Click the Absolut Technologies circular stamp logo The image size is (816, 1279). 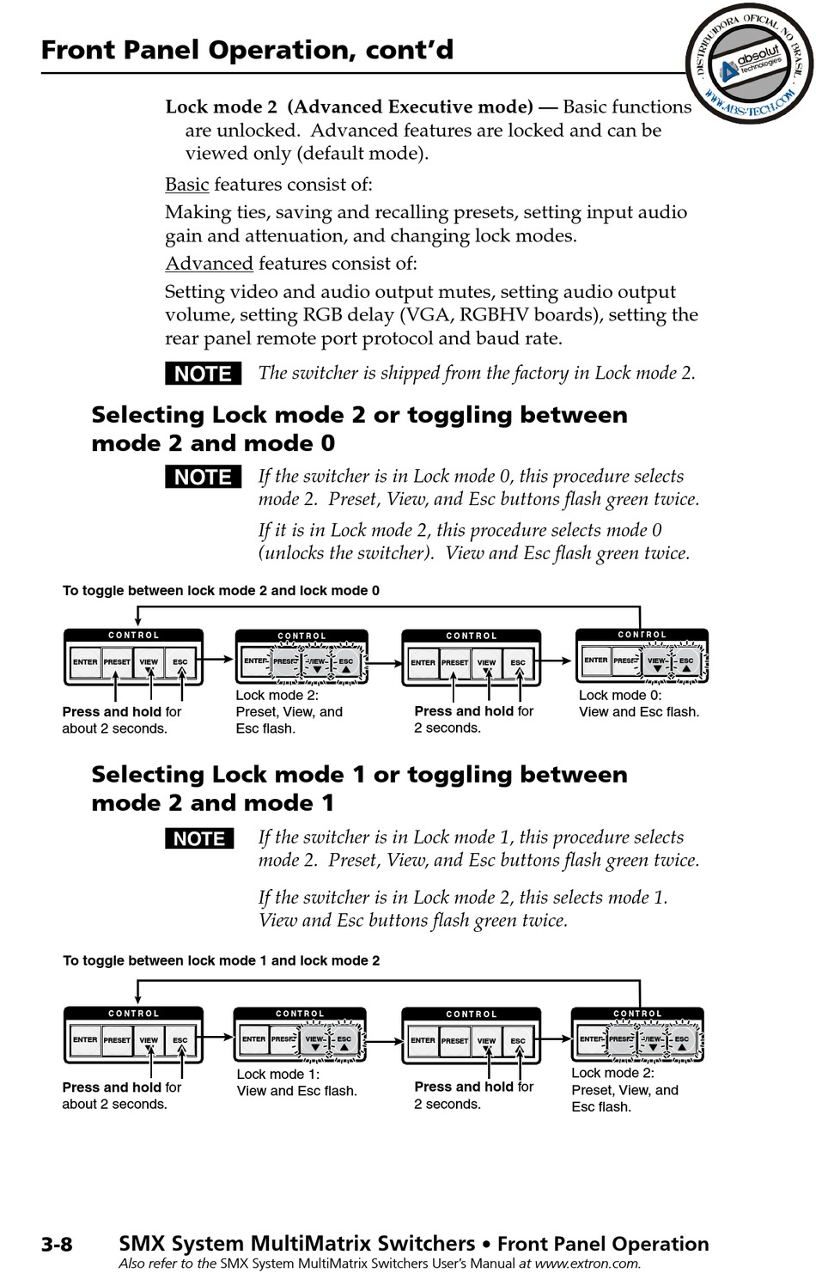[x=749, y=64]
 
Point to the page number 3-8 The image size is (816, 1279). [x=57, y=1243]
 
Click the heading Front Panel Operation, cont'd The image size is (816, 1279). [x=247, y=50]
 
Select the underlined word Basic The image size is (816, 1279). [x=186, y=185]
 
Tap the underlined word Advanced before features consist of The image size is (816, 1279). [x=209, y=263]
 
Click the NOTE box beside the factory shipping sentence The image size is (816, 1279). [x=204, y=374]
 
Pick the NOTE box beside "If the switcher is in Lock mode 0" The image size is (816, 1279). [x=204, y=477]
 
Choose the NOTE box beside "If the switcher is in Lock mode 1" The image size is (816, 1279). [x=199, y=838]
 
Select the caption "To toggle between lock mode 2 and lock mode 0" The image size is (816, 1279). [x=221, y=590]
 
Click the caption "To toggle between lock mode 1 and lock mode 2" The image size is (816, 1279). [x=221, y=960]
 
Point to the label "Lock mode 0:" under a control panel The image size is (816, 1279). [x=620, y=696]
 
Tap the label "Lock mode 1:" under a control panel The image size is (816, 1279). [x=278, y=1074]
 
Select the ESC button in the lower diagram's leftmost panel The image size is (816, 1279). [x=180, y=1040]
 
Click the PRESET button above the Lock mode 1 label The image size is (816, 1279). [x=283, y=1039]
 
